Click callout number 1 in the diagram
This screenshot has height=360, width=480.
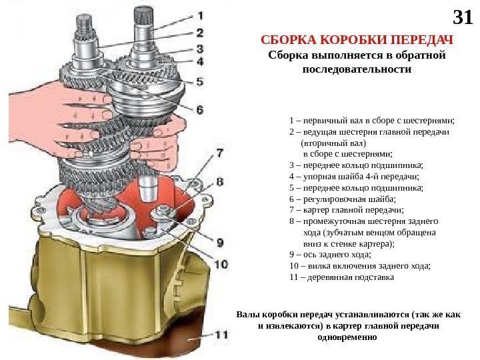[x=200, y=15]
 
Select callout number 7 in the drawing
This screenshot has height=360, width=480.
[x=219, y=155]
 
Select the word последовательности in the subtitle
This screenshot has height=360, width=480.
[x=357, y=69]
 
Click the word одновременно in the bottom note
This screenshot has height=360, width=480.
[x=349, y=337]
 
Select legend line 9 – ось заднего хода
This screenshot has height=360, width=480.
[x=330, y=255]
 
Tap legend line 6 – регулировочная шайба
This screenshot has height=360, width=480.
[x=342, y=199]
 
